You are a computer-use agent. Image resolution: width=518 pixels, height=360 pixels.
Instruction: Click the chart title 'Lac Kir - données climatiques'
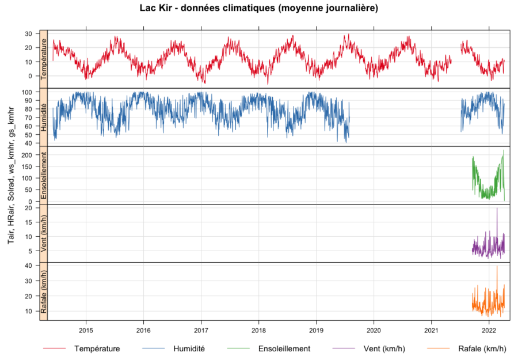(x=259, y=9)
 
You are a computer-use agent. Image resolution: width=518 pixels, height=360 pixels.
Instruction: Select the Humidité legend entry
(x=189, y=348)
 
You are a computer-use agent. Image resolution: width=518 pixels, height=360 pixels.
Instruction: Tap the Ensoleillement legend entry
(x=284, y=348)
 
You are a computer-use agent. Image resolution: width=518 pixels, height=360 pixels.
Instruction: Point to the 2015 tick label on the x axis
(x=86, y=330)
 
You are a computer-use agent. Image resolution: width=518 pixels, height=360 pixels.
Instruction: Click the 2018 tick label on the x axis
(x=258, y=330)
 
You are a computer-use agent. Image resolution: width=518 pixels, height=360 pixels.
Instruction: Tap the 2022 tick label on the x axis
(x=489, y=330)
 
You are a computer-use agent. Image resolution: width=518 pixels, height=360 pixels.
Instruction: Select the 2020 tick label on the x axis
(x=374, y=330)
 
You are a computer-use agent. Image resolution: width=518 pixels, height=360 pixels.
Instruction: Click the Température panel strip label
(x=44, y=59)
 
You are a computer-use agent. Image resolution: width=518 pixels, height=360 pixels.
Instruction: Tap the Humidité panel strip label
(x=44, y=117)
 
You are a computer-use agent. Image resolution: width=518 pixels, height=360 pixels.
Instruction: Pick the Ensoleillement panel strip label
(x=44, y=175)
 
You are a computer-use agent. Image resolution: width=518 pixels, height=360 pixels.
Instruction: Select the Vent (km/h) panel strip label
(x=44, y=233)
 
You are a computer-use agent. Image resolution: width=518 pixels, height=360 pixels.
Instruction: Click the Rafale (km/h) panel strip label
(x=44, y=291)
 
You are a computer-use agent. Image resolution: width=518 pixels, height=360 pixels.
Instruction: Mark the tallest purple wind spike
(x=497, y=209)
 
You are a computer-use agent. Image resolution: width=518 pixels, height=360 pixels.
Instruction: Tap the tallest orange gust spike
(x=497, y=267)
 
